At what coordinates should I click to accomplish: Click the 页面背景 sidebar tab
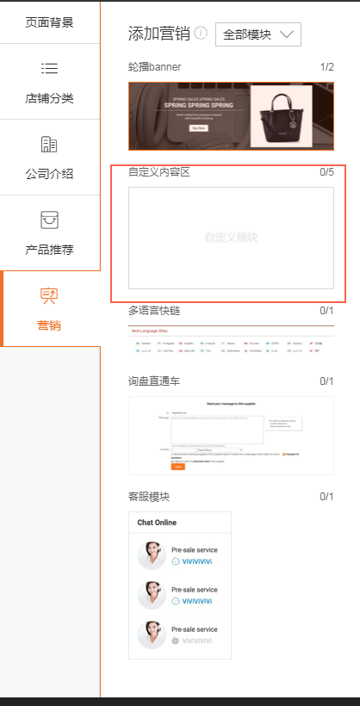(49, 22)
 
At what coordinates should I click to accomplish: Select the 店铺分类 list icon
(49, 69)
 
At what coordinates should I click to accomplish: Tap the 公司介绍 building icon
(49, 145)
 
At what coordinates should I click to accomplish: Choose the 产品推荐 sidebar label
(49, 250)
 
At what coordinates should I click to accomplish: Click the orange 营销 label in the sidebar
(49, 325)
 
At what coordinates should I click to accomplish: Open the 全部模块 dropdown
(258, 34)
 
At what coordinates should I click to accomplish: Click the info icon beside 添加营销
(201, 34)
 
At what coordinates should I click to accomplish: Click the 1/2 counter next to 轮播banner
(326, 67)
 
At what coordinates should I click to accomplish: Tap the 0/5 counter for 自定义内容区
(326, 172)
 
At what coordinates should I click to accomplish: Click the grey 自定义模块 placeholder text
(231, 237)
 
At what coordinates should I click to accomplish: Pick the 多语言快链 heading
(154, 310)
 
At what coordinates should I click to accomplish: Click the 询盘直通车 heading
(154, 381)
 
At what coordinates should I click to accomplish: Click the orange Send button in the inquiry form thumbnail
(178, 466)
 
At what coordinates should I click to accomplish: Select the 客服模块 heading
(149, 497)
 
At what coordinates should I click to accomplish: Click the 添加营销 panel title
(158, 34)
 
